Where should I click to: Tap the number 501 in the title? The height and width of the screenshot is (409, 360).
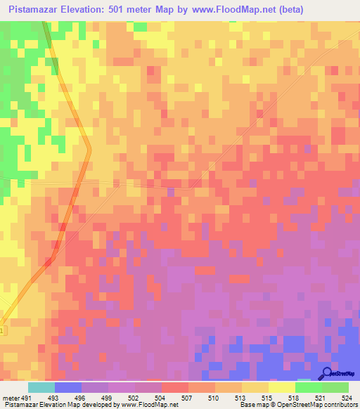pos(128,10)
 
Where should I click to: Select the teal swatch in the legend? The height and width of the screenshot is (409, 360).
pos(41,387)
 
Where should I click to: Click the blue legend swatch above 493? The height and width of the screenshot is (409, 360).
pos(67,387)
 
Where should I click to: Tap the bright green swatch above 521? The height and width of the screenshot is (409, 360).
pos(308,387)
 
